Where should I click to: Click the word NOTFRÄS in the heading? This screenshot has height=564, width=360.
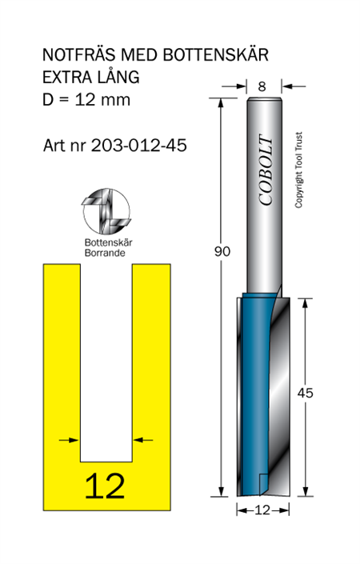pos(79,55)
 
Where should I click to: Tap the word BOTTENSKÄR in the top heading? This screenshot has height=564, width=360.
pos(215,55)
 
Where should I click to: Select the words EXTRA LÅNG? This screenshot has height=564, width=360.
pos(91,77)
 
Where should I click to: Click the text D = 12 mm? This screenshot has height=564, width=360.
pos(86,100)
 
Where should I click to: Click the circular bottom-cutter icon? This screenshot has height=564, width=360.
pos(106,211)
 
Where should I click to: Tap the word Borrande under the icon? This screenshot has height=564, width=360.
pos(105,253)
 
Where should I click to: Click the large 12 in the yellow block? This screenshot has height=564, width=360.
pos(105,486)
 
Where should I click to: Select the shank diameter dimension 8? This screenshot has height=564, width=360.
pos(262,86)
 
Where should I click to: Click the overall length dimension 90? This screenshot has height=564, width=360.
pos(222,251)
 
